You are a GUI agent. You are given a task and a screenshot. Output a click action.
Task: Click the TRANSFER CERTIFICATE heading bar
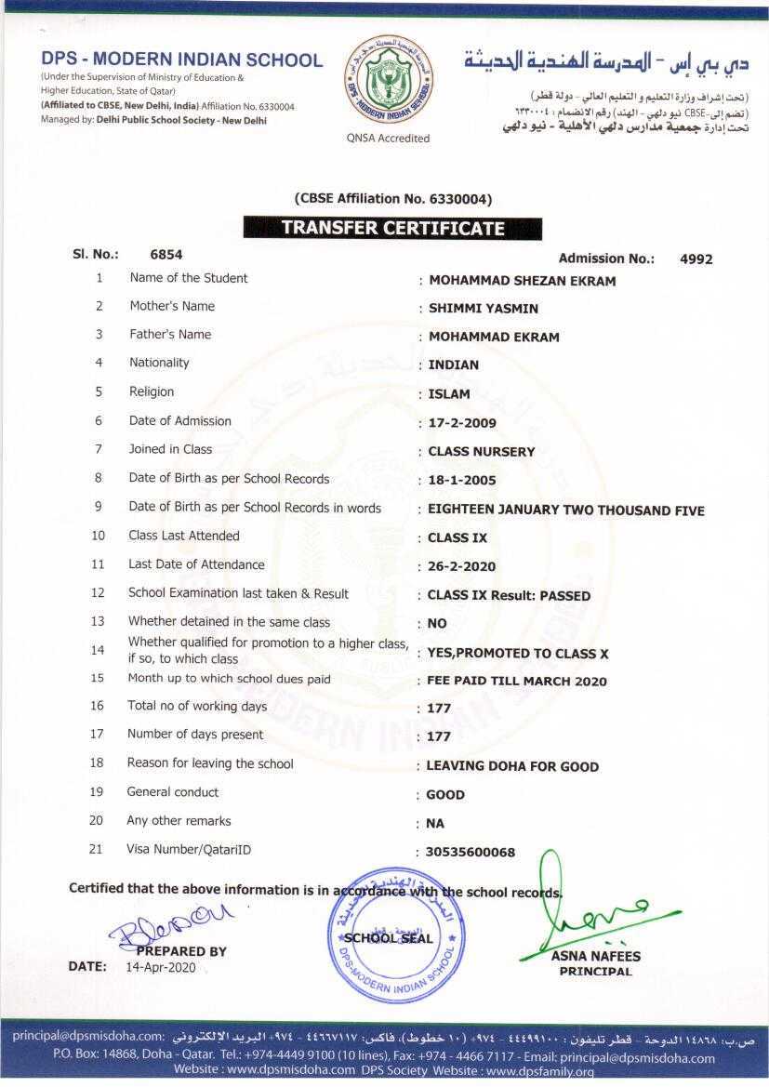point(392,228)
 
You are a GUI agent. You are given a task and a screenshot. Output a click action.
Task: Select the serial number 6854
point(166,253)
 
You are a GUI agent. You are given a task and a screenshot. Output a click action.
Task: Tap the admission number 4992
point(696,259)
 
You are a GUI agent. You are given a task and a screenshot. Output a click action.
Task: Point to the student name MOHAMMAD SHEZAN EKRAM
point(521,281)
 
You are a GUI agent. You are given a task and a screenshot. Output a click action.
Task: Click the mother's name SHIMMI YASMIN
point(483,309)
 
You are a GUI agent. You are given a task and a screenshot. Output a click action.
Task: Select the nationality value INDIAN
point(453,365)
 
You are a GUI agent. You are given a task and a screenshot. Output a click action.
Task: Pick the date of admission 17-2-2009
point(462,423)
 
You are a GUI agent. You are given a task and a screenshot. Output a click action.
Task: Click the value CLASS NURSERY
point(481,452)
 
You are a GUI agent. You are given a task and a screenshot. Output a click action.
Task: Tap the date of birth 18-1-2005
point(462,481)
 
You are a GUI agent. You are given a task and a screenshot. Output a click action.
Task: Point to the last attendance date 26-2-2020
point(461,566)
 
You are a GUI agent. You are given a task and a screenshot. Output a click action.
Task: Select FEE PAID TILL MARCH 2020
point(516,682)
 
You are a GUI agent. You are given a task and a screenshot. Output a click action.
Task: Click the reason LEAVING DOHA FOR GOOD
point(512,767)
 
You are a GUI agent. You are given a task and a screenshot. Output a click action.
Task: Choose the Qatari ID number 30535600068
point(471,853)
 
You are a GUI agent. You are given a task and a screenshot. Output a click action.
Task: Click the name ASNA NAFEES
point(595,956)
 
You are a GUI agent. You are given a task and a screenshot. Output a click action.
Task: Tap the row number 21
point(96,849)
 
